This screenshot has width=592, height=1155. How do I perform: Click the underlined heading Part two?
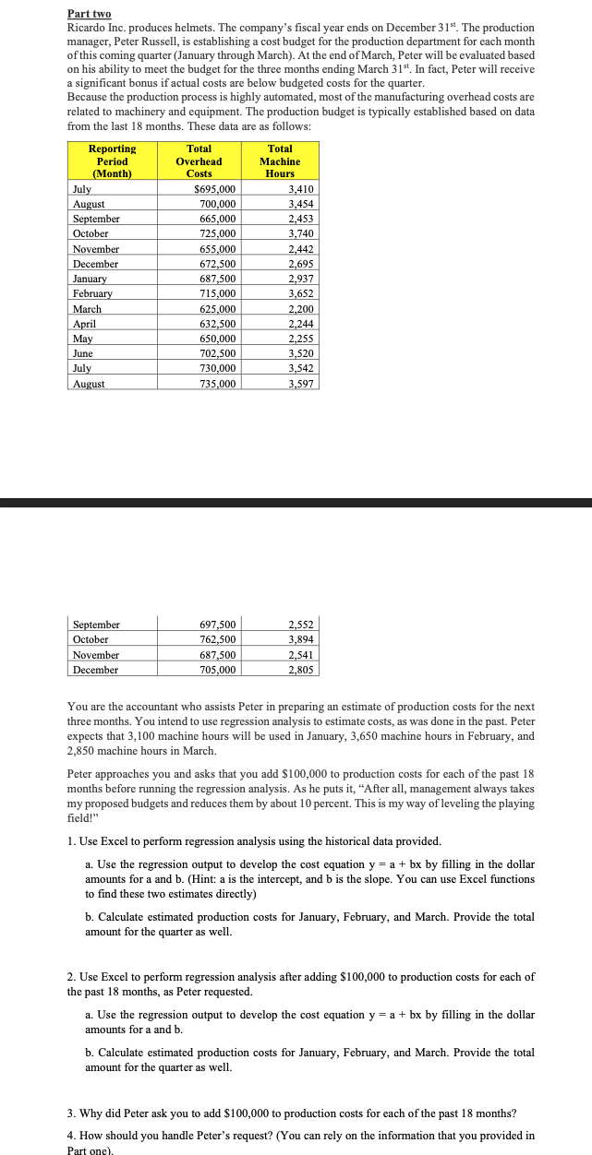pos(89,15)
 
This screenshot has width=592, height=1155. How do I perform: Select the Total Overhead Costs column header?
pos(199,161)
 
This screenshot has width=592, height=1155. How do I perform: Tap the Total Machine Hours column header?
pos(280,161)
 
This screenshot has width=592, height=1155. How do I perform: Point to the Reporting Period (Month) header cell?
pos(113,161)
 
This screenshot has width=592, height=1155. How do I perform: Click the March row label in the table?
pos(87,308)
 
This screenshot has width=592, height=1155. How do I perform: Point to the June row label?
pos(83,353)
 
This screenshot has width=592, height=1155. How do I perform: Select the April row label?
pos(84,324)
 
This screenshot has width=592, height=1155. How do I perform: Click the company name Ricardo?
pos(88,28)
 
